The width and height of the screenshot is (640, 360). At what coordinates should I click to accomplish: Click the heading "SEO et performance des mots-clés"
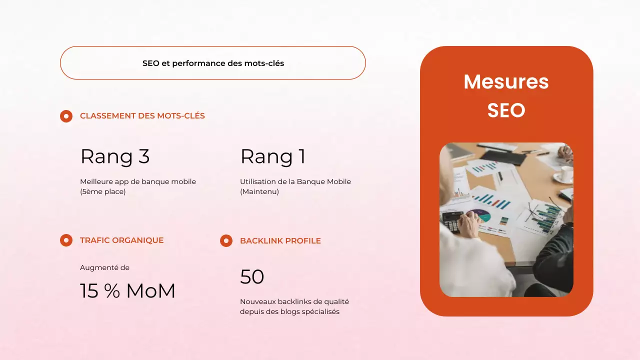(213, 63)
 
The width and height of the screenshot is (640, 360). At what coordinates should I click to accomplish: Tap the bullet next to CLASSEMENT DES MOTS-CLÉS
(66, 116)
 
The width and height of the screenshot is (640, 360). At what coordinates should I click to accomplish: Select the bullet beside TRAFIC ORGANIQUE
(66, 240)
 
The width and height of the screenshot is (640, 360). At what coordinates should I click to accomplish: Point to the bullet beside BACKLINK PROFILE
(226, 241)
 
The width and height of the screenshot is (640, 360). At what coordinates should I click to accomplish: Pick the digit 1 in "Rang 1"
(301, 156)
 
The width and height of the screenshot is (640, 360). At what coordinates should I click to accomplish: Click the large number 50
(252, 277)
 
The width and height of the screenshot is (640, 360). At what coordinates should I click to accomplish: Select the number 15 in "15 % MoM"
(89, 291)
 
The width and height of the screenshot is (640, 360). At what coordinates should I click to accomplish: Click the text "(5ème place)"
(103, 191)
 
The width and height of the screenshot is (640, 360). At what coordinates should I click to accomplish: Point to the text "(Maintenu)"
(259, 191)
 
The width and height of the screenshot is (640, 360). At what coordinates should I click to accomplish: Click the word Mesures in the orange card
(506, 82)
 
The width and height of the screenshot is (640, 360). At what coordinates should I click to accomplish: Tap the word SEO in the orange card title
(506, 110)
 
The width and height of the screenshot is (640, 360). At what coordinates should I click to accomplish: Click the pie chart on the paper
(478, 216)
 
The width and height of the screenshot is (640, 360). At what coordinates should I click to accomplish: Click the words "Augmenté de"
(104, 267)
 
